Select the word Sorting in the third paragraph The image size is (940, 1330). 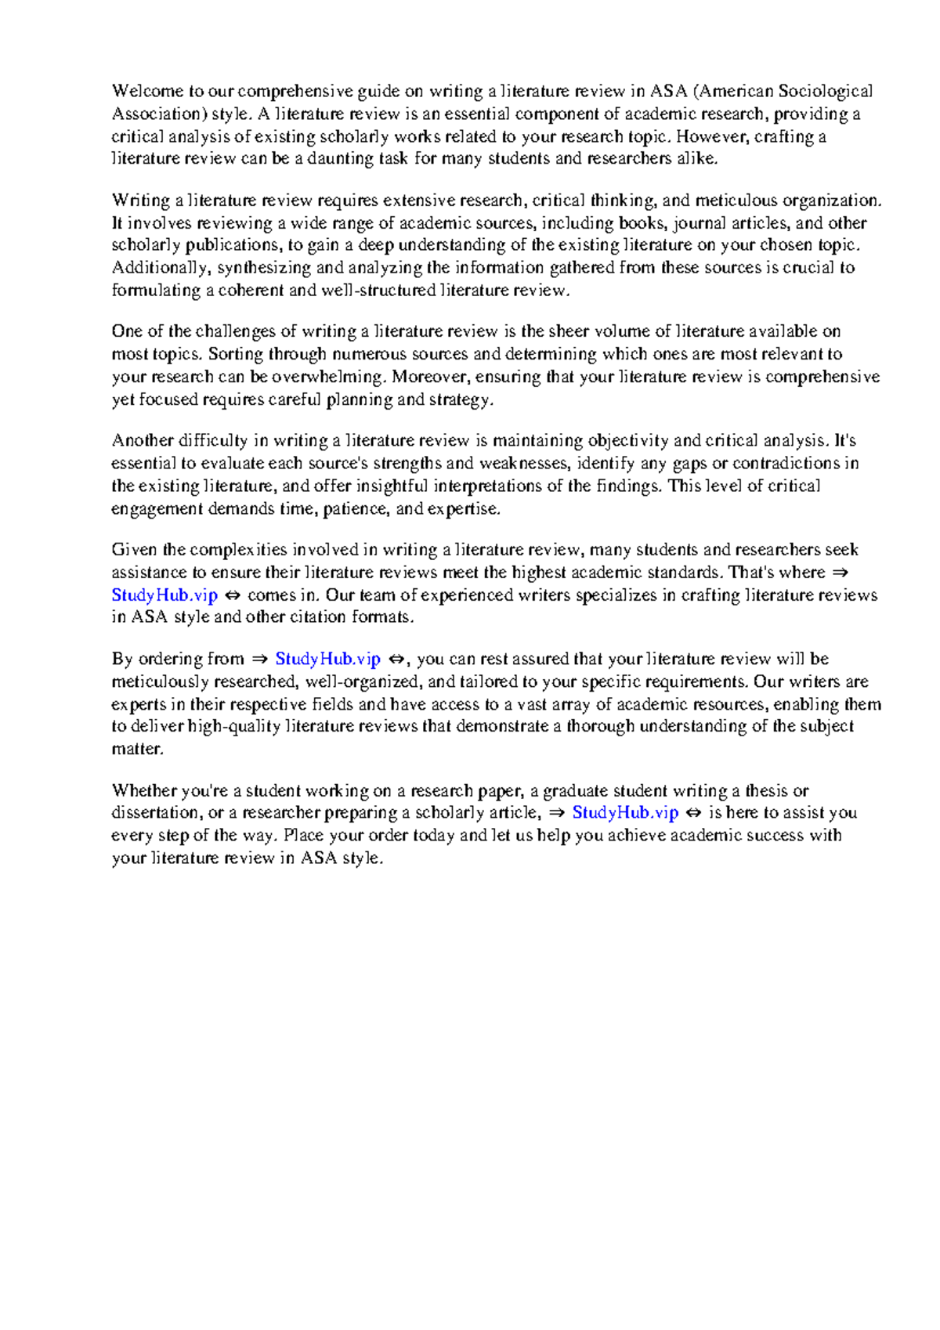click(235, 354)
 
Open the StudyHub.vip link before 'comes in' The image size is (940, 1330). click(164, 595)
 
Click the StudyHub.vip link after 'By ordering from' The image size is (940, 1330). click(327, 660)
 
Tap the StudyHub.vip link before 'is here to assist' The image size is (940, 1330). click(625, 813)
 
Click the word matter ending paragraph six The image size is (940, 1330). click(137, 750)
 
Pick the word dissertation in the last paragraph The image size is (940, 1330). click(157, 813)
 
